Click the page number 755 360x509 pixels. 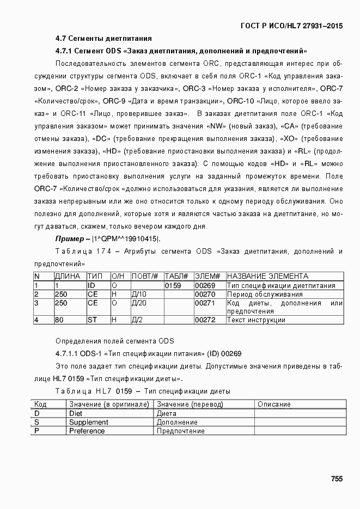pyautogui.click(x=336, y=479)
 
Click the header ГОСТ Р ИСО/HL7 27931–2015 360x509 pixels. pyautogui.click(x=292, y=26)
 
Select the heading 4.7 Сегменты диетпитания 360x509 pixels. pyautogui.click(x=103, y=39)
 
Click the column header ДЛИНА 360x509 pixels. pyautogui.click(x=68, y=277)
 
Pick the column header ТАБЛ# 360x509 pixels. pyautogui.click(x=176, y=277)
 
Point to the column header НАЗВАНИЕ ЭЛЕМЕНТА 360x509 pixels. pyautogui.click(x=267, y=277)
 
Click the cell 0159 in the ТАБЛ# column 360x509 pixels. pyautogui.click(x=173, y=285)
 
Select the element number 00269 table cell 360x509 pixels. pyautogui.click(x=205, y=285)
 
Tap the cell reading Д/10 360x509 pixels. pyautogui.click(x=139, y=294)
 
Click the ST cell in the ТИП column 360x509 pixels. pyautogui.click(x=93, y=320)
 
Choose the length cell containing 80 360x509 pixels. pyautogui.click(x=59, y=320)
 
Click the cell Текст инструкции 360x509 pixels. pyautogui.click(x=256, y=320)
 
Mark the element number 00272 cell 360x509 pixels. pyautogui.click(x=205, y=320)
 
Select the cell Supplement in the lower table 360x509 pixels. pyautogui.click(x=88, y=422)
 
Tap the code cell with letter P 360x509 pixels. pyautogui.click(x=36, y=431)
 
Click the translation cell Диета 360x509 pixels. pyautogui.click(x=167, y=413)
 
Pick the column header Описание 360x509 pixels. pyautogui.click(x=274, y=404)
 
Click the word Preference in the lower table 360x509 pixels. pyautogui.click(x=87, y=431)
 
